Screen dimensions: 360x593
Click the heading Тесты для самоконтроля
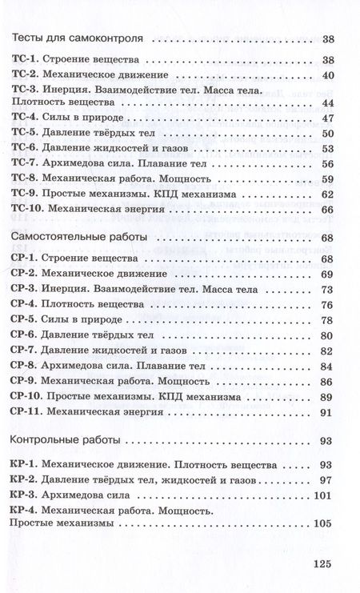pyautogui.click(x=77, y=38)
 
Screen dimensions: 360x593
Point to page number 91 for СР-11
pyautogui.click(x=326, y=412)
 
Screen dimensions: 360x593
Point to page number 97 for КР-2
pyautogui.click(x=326, y=480)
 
